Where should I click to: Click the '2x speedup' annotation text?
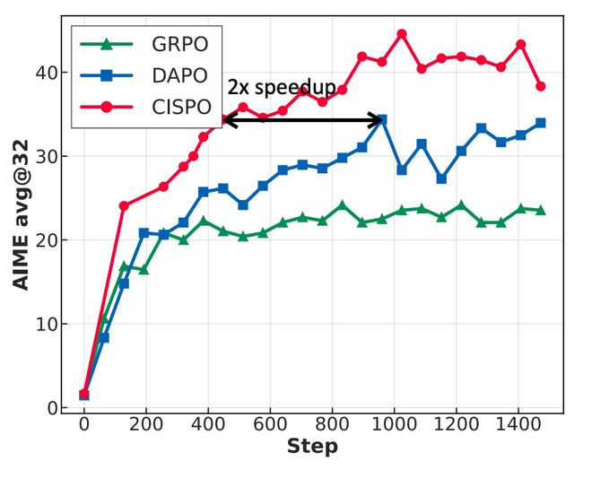tap(282, 87)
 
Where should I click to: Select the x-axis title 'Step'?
tap(312, 447)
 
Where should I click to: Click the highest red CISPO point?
tap(401, 34)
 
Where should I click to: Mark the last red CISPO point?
tap(540, 87)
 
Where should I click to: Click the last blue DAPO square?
tap(540, 123)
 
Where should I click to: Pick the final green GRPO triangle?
tap(540, 210)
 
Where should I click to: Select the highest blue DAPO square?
tap(381, 119)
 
